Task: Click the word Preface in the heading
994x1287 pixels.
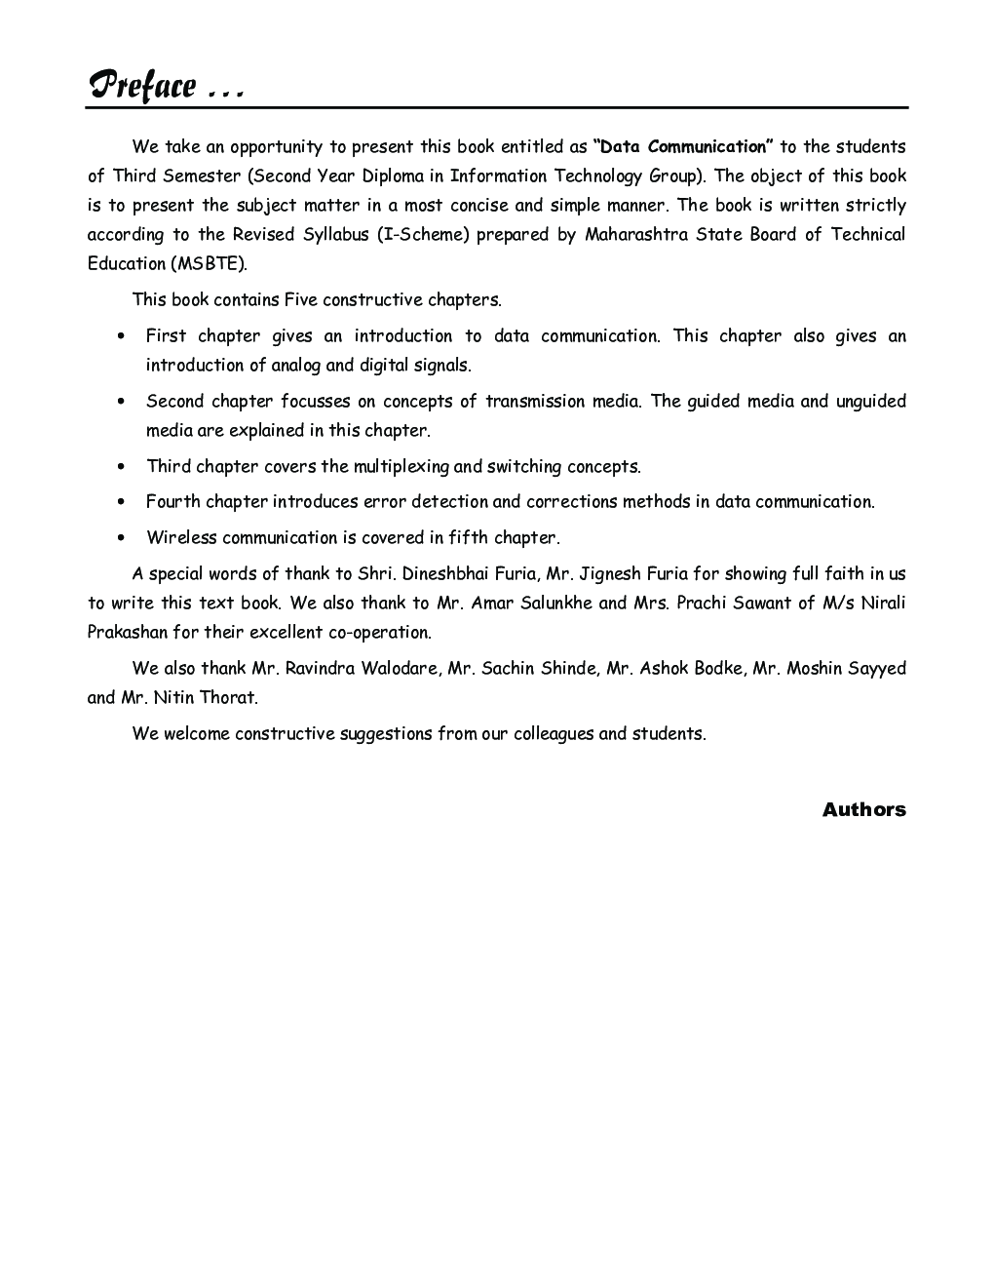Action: tap(142, 86)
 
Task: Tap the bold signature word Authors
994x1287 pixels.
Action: tap(863, 809)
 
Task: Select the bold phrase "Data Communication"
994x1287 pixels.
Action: tap(683, 147)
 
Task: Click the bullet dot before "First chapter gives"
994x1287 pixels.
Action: tap(121, 336)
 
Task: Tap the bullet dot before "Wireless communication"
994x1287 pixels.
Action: tap(121, 538)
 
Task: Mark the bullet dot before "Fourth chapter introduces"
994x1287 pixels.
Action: tap(121, 502)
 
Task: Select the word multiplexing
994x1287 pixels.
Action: tap(401, 467)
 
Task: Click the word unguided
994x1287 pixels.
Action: tap(870, 402)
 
